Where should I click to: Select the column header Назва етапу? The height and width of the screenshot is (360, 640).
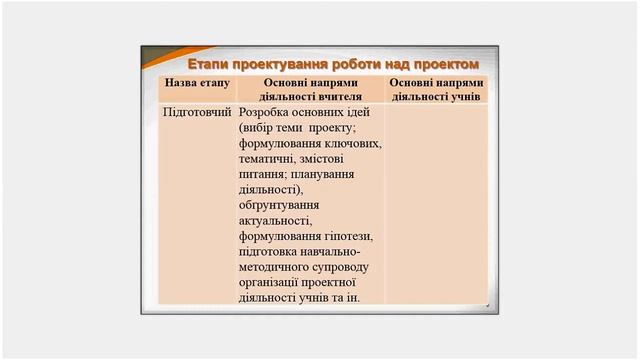198,83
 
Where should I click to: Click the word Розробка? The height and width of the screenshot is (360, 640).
266,114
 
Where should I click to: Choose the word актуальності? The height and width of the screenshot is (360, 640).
276,220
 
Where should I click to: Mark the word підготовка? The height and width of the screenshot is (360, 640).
273,251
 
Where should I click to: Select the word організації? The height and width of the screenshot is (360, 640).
274,282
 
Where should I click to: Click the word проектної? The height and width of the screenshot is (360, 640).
345,282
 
